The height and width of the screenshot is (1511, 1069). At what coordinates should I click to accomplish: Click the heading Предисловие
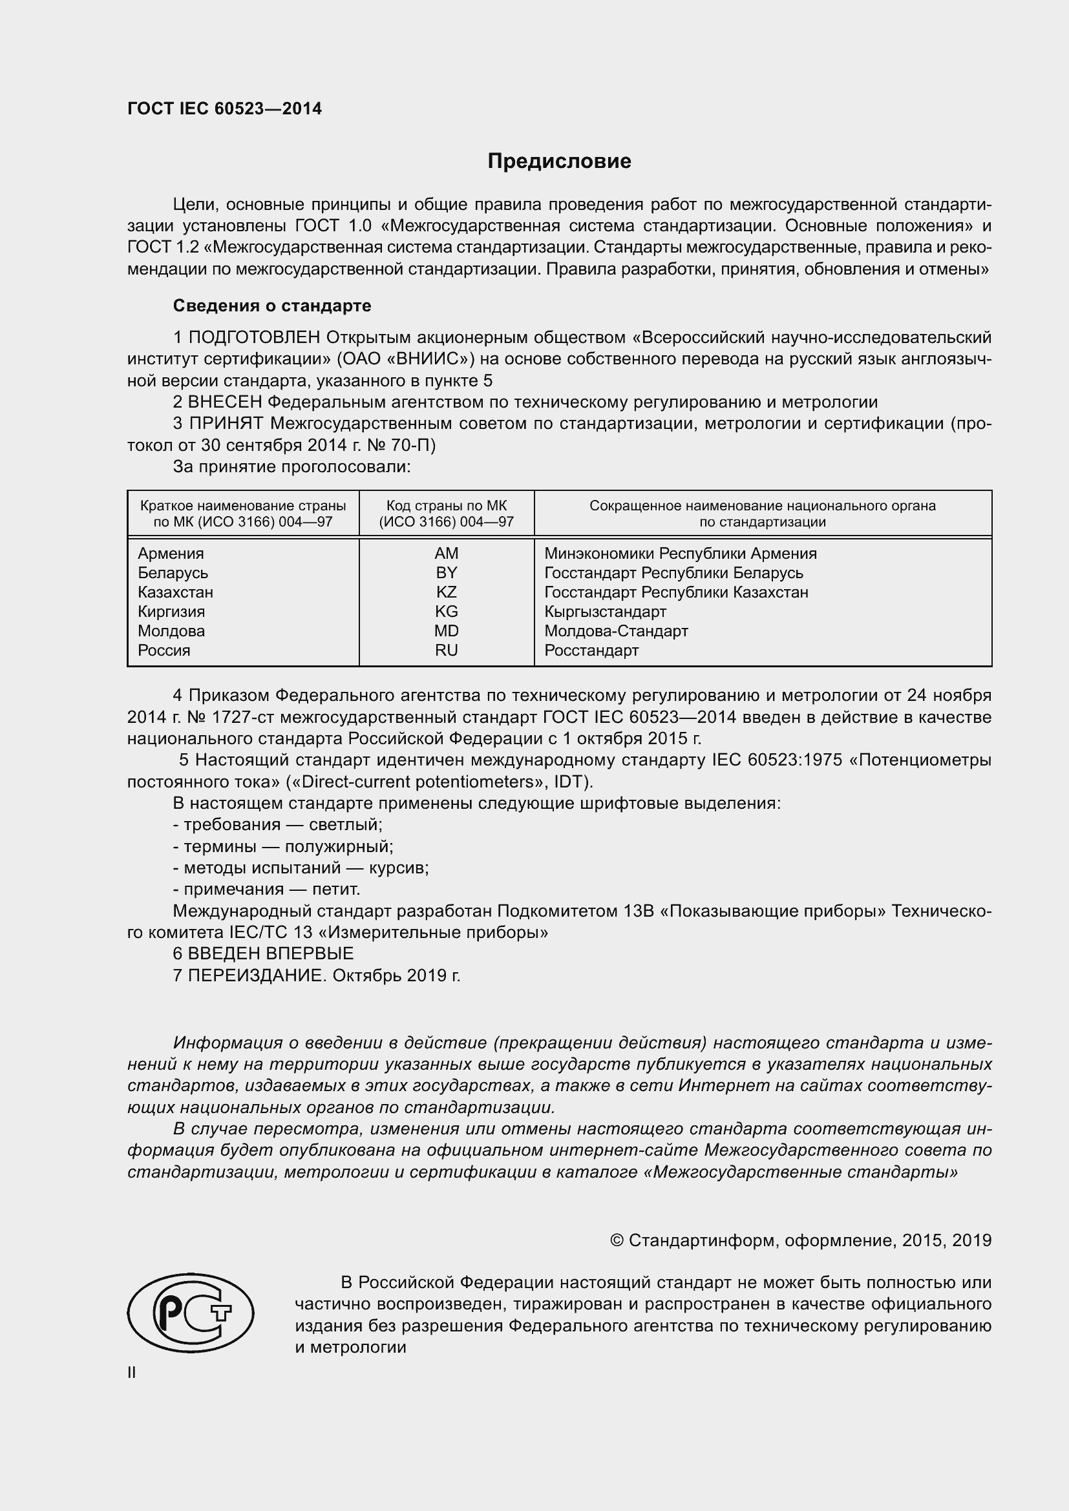tap(559, 162)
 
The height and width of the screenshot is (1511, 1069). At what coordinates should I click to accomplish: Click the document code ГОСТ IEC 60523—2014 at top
tap(224, 109)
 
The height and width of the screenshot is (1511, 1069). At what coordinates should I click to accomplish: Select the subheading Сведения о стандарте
tap(272, 306)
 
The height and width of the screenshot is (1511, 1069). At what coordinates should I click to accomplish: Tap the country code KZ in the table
tap(447, 592)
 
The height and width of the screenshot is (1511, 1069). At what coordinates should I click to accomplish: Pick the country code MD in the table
tap(447, 631)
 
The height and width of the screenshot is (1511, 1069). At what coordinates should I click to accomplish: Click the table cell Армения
tap(171, 554)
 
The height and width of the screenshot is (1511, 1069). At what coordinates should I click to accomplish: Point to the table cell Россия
tap(164, 651)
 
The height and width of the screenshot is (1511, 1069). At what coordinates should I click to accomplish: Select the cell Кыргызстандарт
tap(605, 612)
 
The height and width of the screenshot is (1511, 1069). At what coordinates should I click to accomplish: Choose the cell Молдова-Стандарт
tap(616, 631)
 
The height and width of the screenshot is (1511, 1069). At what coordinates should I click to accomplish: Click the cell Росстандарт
tap(591, 651)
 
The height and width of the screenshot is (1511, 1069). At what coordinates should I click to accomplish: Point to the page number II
tap(132, 1373)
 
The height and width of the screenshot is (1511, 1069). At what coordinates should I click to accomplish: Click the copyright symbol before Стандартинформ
tap(617, 1240)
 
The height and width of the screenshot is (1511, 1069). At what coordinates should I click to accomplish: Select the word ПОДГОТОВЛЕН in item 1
tap(255, 338)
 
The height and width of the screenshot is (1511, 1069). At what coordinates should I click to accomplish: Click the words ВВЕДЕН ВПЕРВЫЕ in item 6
tap(271, 953)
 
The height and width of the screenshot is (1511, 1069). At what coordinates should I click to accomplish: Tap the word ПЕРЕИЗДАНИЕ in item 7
tap(257, 975)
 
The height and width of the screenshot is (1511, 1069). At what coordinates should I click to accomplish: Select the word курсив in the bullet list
tap(398, 868)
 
